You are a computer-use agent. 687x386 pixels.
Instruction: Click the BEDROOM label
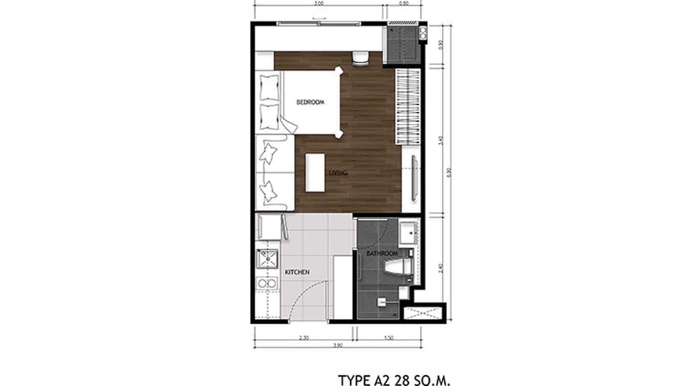[x=310, y=102]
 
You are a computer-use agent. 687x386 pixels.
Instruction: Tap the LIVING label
[x=338, y=173]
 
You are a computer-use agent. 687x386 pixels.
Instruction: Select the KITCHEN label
[x=296, y=272]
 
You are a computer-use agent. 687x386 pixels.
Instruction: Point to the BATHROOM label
[x=382, y=254]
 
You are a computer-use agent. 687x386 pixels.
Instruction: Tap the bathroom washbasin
[x=410, y=232]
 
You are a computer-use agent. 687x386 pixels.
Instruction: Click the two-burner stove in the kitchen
[x=267, y=283]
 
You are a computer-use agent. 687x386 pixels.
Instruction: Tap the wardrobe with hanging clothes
[x=408, y=106]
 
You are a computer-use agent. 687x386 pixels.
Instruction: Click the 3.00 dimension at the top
[x=318, y=4]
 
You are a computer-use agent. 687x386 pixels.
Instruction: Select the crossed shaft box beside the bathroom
[x=424, y=312]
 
